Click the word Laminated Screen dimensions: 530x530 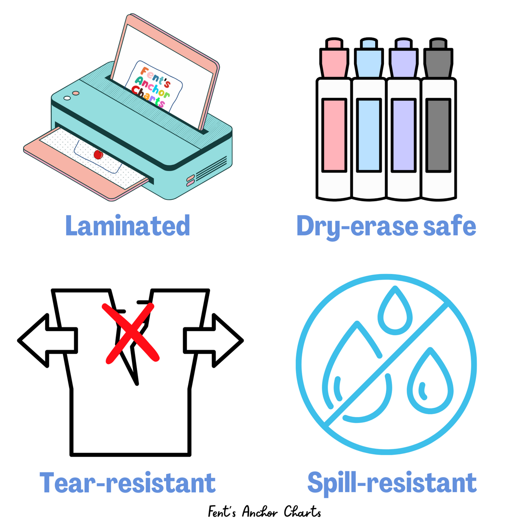tap(128, 226)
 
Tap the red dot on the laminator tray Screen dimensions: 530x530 tap(98, 155)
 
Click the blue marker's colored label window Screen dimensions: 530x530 tap(369, 135)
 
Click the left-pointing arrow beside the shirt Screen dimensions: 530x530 tap(48, 340)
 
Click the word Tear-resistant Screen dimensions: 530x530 tap(128, 483)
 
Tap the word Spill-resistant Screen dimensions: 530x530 tap(392, 483)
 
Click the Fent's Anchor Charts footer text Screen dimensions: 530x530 tap(264, 512)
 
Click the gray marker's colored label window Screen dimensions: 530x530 tap(438, 135)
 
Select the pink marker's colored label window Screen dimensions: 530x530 tap(334, 135)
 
